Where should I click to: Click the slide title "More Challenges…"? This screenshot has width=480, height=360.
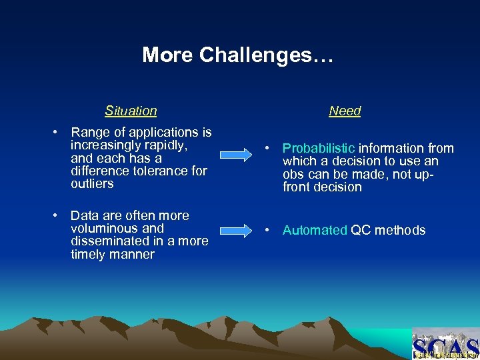[237, 55]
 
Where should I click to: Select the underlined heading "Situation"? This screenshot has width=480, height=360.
[131, 111]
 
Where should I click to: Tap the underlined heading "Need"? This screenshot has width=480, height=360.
[345, 111]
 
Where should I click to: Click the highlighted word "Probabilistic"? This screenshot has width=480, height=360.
[319, 148]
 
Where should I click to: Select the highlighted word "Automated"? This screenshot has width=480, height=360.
[315, 231]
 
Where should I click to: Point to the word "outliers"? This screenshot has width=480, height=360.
[92, 184]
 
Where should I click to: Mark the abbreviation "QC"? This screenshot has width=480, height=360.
[361, 231]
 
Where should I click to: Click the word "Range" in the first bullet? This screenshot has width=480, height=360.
[89, 133]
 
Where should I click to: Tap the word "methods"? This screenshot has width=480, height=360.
[400, 231]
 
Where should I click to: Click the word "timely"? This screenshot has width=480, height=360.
[89, 255]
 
